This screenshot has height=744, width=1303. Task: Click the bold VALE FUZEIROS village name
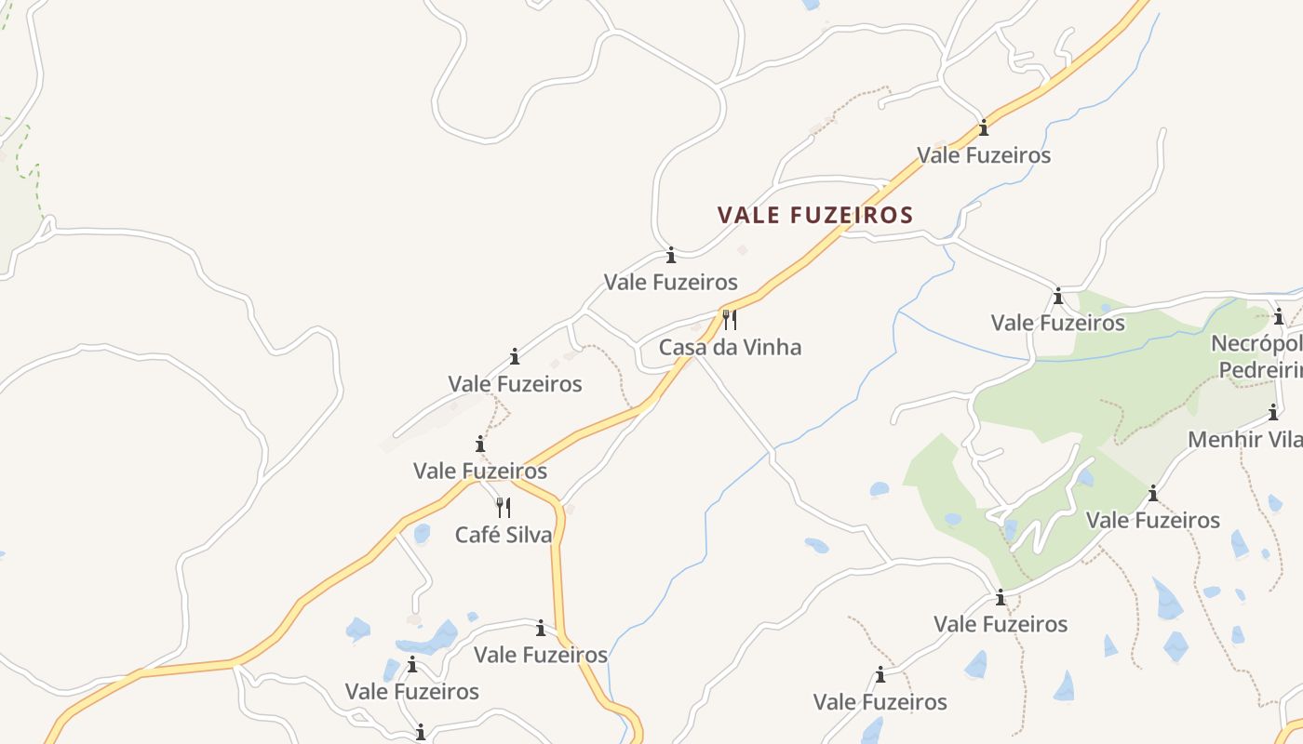tap(815, 216)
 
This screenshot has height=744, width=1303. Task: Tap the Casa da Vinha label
tap(730, 348)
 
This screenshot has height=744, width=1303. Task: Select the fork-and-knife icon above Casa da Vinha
tap(730, 321)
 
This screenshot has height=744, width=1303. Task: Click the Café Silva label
tap(504, 535)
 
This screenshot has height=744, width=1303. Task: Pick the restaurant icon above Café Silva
tap(504, 508)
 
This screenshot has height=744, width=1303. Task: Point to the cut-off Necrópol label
tap(1256, 344)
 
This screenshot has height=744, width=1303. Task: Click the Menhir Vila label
tap(1244, 439)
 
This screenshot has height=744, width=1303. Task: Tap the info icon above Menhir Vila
tap(1273, 412)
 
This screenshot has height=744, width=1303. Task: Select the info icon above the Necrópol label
tap(1279, 316)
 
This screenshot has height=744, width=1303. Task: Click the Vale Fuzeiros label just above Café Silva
tap(480, 471)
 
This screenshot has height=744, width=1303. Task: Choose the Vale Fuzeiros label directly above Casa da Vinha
tap(671, 282)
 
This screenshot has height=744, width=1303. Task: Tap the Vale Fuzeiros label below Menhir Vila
tap(1153, 520)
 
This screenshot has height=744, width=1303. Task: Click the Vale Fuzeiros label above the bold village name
tap(984, 155)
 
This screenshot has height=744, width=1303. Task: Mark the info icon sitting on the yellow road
tap(984, 128)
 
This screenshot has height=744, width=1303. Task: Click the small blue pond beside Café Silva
tap(422, 533)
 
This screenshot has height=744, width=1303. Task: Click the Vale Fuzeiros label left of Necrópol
tap(1058, 324)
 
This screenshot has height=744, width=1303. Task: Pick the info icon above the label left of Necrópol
tap(1058, 297)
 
